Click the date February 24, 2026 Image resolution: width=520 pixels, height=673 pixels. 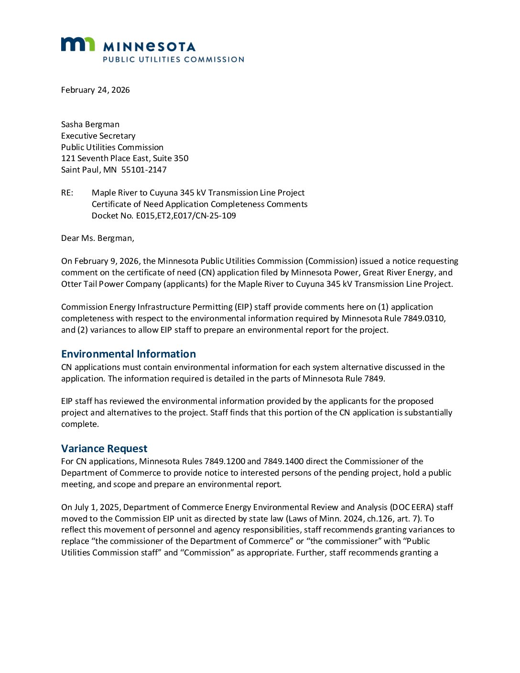pos(95,90)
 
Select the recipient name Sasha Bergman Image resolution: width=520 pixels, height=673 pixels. pos(90,124)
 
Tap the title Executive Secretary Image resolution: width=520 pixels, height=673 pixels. pos(98,136)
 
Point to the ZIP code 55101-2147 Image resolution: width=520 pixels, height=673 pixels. pos(144,170)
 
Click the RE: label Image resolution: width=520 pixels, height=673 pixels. pos(67,193)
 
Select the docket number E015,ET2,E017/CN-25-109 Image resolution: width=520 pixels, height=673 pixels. pos(186,216)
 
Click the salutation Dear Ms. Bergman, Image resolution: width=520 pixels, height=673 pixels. pos(97,238)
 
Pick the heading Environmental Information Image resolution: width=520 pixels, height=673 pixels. pos(129,354)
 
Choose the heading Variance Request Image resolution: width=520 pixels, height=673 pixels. pos(104,448)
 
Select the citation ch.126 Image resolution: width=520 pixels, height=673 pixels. pos(379,519)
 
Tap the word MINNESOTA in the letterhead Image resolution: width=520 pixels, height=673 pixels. pos(149,46)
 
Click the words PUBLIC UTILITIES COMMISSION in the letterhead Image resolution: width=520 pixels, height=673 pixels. pos(173,59)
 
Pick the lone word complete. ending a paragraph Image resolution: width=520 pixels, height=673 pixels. pos(80,424)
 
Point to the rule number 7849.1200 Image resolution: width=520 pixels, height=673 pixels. pos(225,461)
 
